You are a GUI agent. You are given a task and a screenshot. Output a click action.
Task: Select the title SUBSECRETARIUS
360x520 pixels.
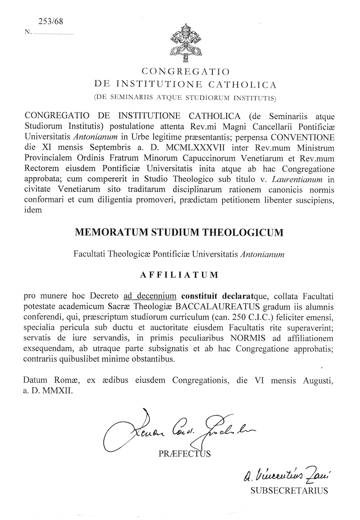288,491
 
